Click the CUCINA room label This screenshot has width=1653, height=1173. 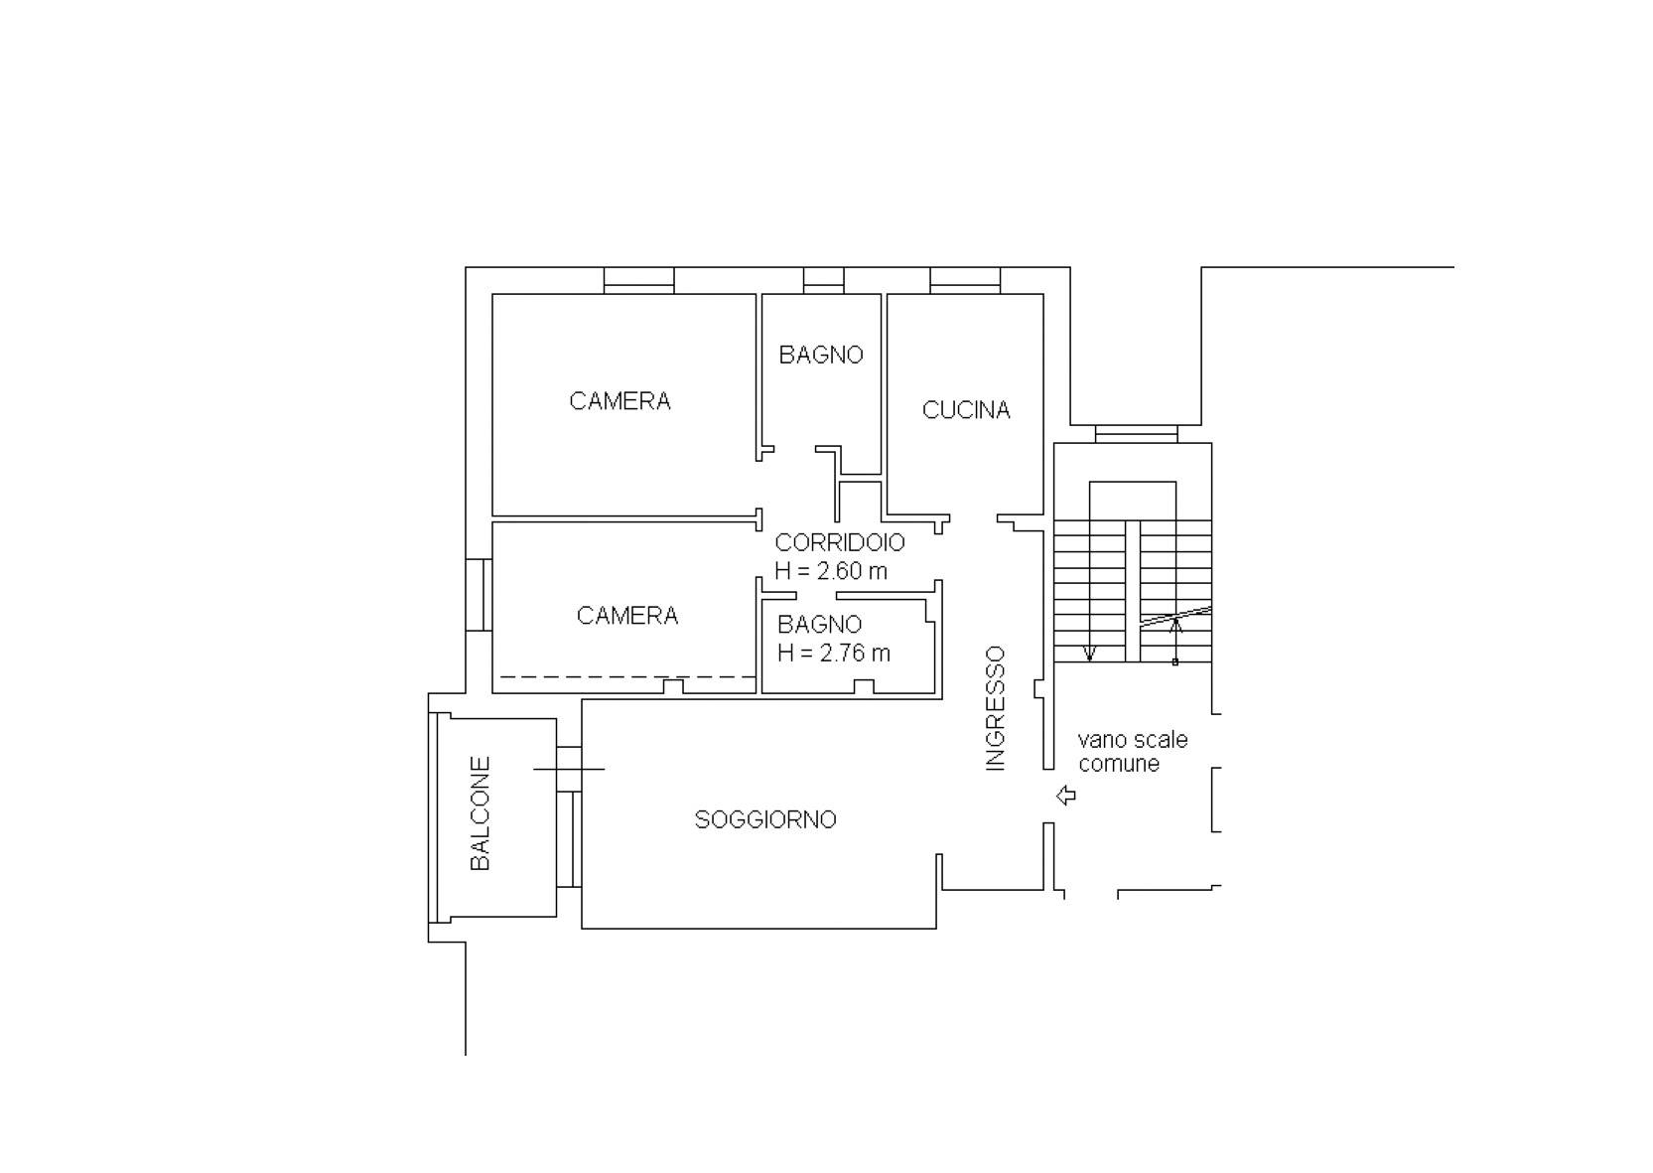(966, 409)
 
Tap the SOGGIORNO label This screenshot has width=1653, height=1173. (765, 819)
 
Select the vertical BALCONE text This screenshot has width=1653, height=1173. (480, 812)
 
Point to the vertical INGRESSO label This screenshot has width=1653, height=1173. (996, 709)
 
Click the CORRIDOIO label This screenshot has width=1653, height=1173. (840, 542)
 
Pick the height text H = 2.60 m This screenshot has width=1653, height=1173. (831, 571)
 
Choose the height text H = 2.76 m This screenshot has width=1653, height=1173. (834, 653)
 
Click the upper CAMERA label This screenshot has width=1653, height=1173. (620, 401)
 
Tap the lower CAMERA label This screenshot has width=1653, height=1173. (627, 615)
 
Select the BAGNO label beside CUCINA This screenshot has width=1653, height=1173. (821, 355)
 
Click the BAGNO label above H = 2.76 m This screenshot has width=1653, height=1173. (820, 625)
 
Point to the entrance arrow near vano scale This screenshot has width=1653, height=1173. (1066, 795)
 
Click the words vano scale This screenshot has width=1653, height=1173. (1133, 740)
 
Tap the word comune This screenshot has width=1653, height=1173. (1119, 764)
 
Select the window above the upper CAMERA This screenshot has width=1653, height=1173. (639, 280)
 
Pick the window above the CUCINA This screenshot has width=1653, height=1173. (965, 280)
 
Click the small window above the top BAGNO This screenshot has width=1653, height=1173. (824, 280)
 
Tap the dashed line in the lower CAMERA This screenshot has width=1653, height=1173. (628, 677)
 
